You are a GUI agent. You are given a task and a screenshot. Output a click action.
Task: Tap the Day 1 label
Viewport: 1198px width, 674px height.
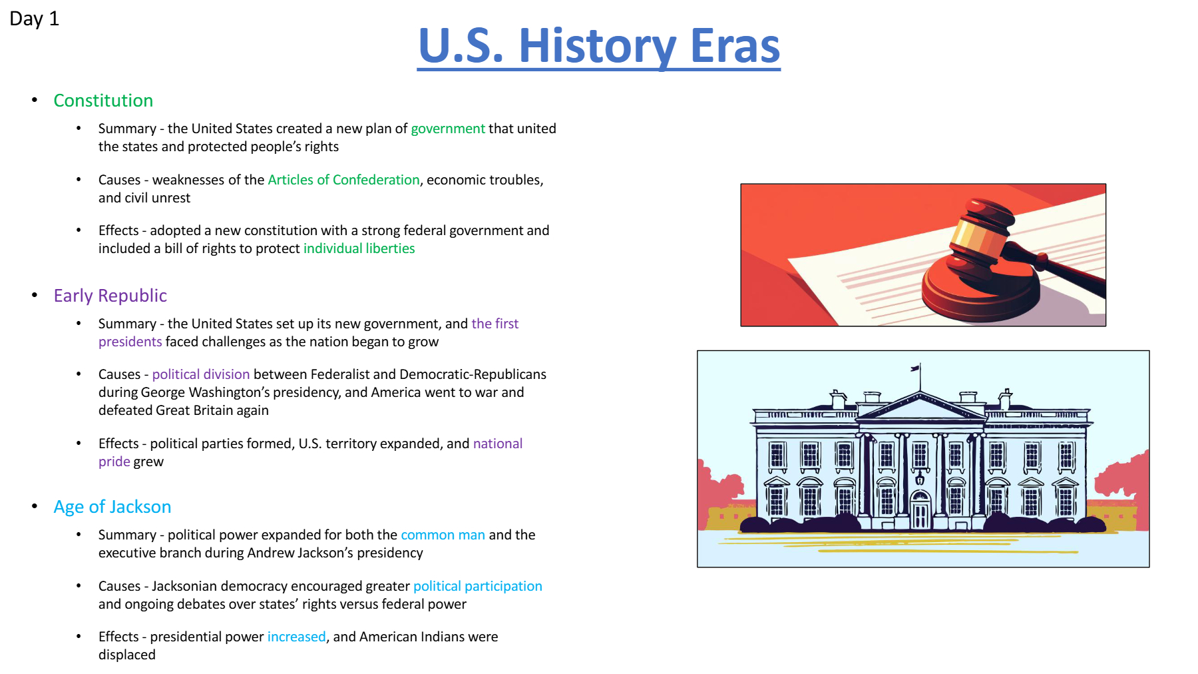[34, 19]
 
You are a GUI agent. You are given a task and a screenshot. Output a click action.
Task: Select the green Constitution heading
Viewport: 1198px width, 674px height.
[103, 101]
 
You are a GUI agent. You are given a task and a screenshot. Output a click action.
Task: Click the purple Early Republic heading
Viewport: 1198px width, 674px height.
[110, 296]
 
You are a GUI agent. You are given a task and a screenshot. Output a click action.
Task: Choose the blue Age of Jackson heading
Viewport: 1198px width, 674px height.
[112, 507]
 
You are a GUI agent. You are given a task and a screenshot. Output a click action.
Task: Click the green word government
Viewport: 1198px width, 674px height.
[448, 129]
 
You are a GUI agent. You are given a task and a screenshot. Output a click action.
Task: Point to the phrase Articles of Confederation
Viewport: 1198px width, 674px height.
[343, 180]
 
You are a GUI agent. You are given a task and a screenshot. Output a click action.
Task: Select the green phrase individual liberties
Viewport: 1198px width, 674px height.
[359, 248]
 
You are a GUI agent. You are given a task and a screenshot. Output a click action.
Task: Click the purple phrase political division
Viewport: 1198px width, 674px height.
[201, 374]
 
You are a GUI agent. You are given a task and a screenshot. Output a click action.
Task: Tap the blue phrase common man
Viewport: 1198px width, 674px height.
[443, 535]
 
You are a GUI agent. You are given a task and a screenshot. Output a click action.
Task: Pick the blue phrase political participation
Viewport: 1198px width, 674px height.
[478, 586]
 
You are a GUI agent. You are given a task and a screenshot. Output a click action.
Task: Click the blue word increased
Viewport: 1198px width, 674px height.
[296, 637]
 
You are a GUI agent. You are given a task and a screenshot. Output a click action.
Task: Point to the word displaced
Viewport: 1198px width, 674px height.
[127, 655]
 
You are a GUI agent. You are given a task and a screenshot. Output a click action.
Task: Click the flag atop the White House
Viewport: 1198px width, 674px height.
[916, 368]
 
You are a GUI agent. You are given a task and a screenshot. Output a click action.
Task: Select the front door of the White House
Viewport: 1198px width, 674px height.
[920, 512]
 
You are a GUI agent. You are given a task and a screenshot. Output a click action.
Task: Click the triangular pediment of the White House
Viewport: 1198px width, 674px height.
[920, 406]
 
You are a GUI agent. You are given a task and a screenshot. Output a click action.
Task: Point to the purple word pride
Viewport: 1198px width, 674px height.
[114, 462]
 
